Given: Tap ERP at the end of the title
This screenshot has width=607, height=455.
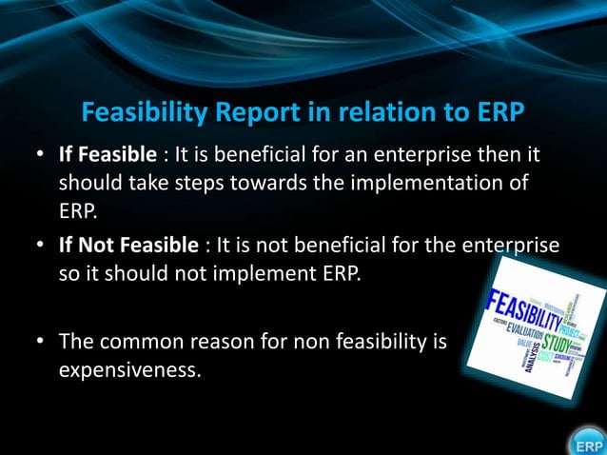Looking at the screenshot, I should coord(494,113).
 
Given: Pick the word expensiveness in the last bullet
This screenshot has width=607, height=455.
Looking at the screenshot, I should coord(130,367).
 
